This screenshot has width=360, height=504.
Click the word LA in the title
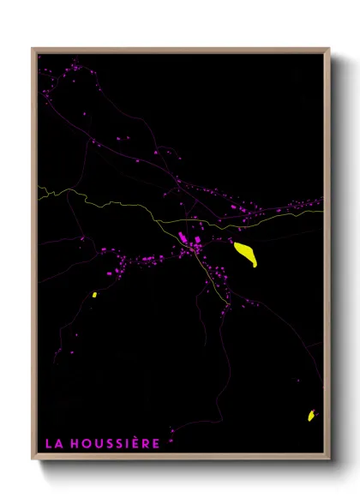(52, 443)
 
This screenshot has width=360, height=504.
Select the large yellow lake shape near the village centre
(245, 254)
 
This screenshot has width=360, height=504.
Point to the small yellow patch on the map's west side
(93, 295)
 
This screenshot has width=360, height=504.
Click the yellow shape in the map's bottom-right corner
(311, 416)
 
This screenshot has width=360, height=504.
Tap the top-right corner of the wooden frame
(328, 49)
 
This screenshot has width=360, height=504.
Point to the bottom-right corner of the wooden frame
(328, 459)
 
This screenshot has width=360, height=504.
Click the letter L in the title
(48, 443)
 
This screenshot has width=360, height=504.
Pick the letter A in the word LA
(57, 443)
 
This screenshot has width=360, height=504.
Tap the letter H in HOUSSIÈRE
(73, 443)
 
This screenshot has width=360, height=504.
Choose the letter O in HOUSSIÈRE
(84, 443)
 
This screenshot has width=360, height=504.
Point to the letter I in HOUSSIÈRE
(124, 443)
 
